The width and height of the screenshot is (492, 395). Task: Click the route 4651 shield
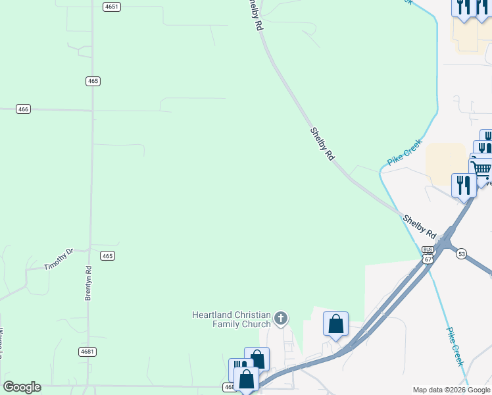[x=112, y=7]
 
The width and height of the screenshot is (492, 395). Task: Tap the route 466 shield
[x=24, y=109]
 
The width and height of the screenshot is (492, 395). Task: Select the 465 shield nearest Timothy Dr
[x=108, y=255]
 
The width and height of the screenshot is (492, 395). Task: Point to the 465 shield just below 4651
[x=93, y=81]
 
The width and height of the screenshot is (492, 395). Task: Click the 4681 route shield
[x=87, y=352]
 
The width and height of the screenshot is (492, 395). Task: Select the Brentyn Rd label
[x=88, y=284]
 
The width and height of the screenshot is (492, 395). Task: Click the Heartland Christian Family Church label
[x=231, y=319]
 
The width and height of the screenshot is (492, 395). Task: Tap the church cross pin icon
[x=281, y=320]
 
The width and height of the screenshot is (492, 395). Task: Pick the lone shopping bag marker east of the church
[x=335, y=325]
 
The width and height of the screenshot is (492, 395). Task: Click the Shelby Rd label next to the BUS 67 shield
[x=420, y=226]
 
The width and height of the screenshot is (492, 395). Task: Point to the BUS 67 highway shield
[x=428, y=255]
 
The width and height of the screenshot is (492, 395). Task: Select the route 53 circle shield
[x=461, y=253]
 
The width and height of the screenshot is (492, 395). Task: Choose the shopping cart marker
[x=481, y=169]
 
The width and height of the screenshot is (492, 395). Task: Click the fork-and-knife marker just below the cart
[x=464, y=185]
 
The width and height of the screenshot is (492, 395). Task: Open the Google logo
[x=22, y=387]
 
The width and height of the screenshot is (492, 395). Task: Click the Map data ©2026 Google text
[x=451, y=390]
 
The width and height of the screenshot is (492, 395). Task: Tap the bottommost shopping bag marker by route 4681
[x=246, y=379]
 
